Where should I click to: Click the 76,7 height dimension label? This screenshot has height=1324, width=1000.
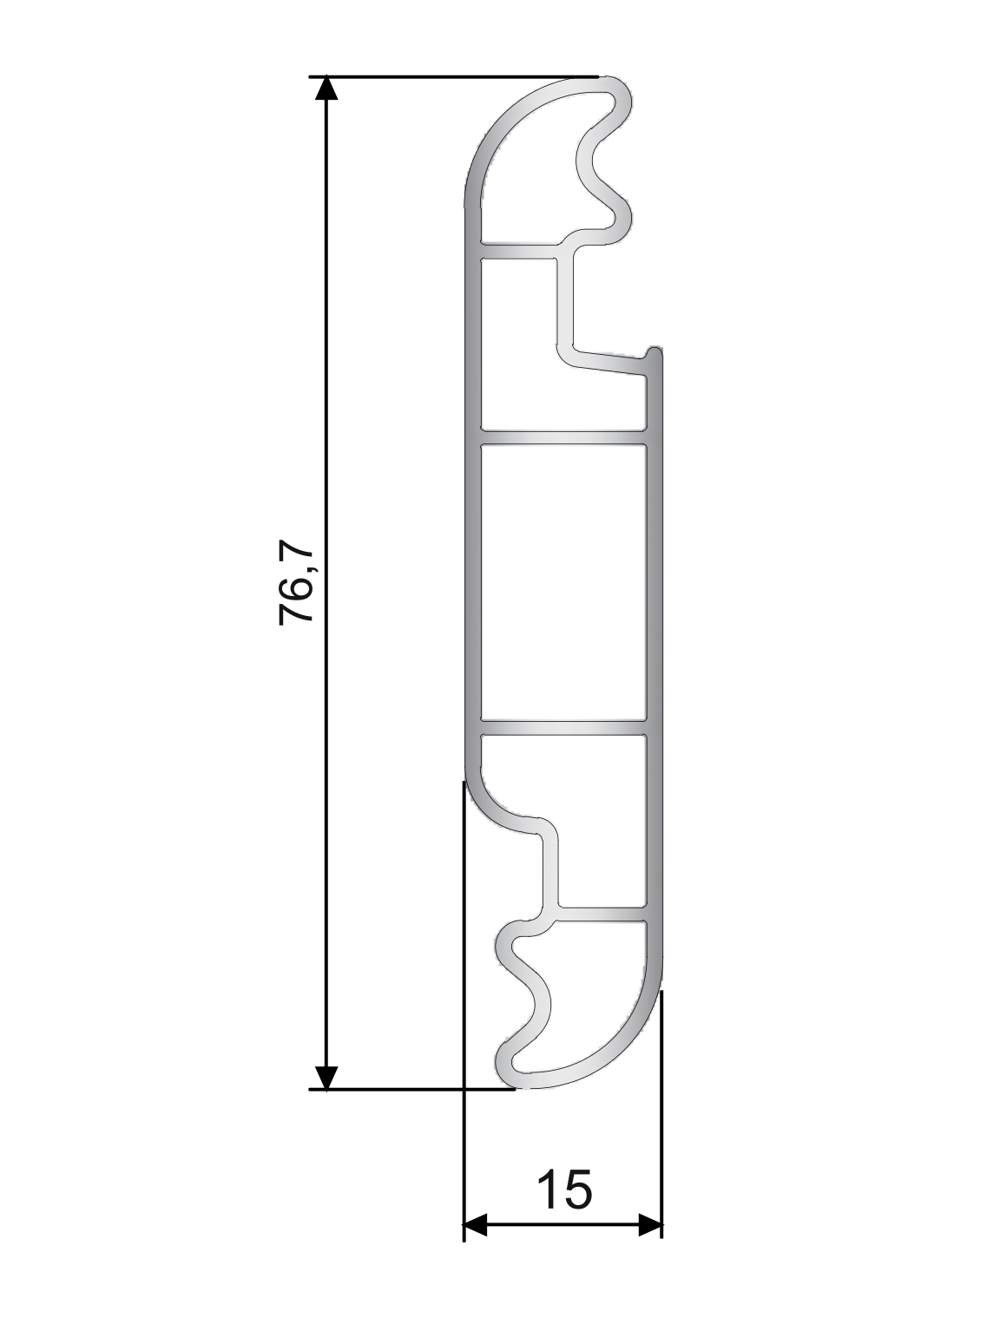tap(296, 582)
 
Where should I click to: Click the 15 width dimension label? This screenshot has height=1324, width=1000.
tap(564, 1190)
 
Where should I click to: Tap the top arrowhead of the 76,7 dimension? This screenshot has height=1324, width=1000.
tap(325, 88)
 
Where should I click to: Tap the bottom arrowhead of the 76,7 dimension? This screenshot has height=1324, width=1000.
tap(325, 1077)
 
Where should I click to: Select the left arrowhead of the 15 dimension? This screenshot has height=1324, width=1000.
tap(476, 1226)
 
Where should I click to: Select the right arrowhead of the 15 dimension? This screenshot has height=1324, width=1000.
tap(650, 1226)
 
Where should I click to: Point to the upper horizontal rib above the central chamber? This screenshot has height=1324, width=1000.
tap(562, 437)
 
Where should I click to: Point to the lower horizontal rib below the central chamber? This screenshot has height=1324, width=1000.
tap(562, 727)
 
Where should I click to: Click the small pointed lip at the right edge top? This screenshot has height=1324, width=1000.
tap(653, 354)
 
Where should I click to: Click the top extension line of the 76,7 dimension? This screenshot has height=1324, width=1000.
tap(451, 77)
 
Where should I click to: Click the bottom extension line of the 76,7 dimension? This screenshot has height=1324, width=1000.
tap(408, 1088)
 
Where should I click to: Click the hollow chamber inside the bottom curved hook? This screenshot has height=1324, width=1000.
tap(599, 989)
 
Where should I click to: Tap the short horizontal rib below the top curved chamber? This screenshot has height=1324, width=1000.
tap(518, 252)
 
